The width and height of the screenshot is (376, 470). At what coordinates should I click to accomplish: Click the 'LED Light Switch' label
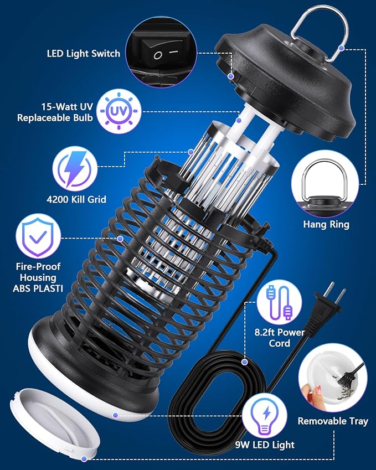pos(83,54)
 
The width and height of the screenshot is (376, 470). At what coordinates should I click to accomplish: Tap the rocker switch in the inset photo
pos(164,54)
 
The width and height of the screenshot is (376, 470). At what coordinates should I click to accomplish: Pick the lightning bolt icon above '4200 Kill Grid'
pos(75,168)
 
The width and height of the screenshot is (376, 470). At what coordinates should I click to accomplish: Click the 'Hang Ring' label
pos(326,225)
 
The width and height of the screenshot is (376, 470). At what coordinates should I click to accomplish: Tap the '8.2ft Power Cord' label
pos(280,338)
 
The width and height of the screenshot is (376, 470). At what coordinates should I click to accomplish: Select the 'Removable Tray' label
pos(333,421)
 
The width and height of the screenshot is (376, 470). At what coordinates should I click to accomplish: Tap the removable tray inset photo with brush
pos(332,377)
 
